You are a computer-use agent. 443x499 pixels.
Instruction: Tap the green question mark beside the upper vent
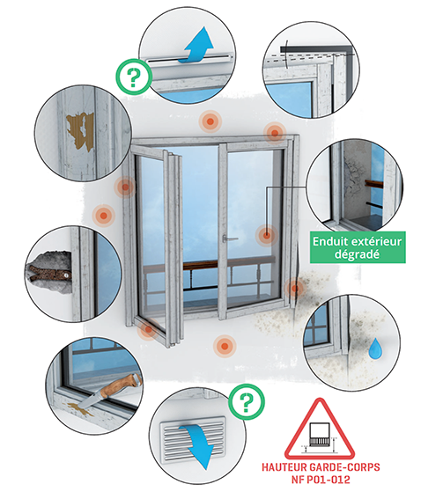(134, 77)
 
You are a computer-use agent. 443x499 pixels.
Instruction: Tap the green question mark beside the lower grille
(247, 401)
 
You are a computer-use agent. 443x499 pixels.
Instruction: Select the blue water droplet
(376, 349)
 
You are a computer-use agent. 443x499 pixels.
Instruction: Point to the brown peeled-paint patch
(80, 130)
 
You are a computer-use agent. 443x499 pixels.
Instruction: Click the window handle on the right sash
(230, 238)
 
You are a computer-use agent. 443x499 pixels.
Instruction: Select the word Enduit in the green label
(330, 241)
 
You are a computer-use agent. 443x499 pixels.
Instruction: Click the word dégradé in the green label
(357, 254)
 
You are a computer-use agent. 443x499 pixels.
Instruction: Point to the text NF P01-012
(321, 480)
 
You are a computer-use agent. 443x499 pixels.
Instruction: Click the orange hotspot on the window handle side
(267, 236)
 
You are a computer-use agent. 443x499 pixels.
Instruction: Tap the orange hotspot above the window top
(210, 121)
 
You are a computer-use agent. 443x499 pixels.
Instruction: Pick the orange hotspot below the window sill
(225, 346)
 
